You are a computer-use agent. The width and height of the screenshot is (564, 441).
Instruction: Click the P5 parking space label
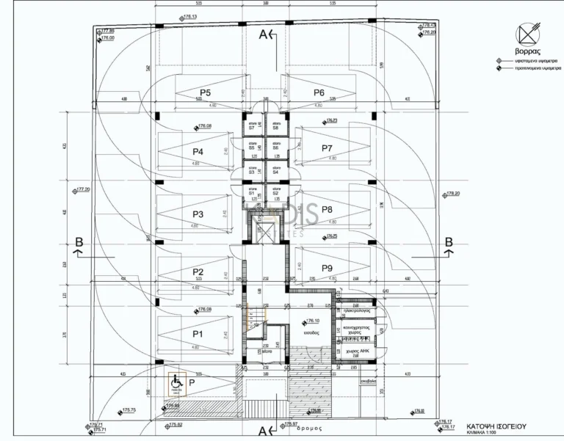(205, 92)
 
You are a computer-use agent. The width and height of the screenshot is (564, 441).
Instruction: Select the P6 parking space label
(319, 92)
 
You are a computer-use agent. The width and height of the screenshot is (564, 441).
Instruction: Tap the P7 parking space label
(328, 148)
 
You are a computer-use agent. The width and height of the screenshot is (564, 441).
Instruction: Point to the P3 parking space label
(198, 214)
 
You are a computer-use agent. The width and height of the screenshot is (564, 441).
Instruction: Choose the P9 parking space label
(328, 268)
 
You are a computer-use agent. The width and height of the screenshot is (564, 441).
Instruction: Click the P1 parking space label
(198, 333)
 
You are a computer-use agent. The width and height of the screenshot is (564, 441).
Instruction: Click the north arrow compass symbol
(529, 34)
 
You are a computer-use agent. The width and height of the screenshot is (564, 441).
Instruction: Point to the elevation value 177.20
(82, 189)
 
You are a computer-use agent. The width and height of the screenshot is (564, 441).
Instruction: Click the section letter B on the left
(79, 243)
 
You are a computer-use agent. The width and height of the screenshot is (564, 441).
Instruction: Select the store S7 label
(251, 128)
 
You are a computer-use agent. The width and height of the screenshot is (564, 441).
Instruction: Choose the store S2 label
(276, 193)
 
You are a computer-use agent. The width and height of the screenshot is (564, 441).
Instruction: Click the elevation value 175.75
(129, 409)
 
